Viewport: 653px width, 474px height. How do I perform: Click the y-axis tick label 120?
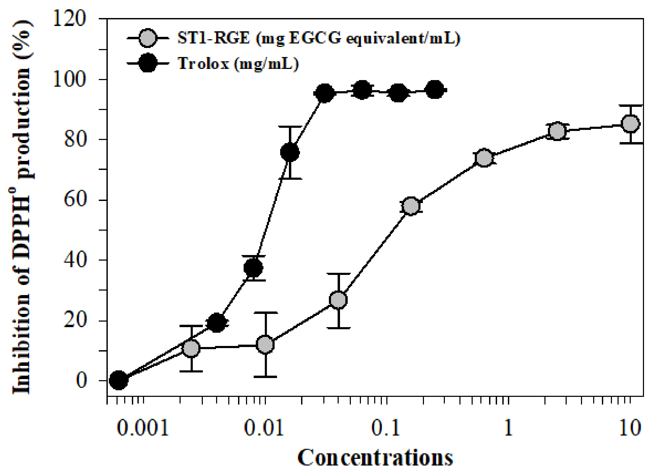coord(69,20)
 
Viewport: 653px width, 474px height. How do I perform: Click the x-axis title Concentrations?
coord(375,458)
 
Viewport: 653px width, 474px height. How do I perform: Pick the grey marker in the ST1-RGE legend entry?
coord(147,38)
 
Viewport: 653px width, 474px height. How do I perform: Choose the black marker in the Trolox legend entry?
coord(147,63)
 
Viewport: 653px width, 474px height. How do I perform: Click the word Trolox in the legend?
coord(203,63)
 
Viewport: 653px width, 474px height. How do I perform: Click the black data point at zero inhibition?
coord(119,380)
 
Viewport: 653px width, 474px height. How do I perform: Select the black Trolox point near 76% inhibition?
coord(290,152)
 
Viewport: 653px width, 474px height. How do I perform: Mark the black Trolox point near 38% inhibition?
coord(253,267)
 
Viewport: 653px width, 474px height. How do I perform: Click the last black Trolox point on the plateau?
coord(435,90)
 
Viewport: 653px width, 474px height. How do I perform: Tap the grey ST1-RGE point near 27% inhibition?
coord(338,300)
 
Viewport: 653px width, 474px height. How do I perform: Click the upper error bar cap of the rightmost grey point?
coord(630,106)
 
